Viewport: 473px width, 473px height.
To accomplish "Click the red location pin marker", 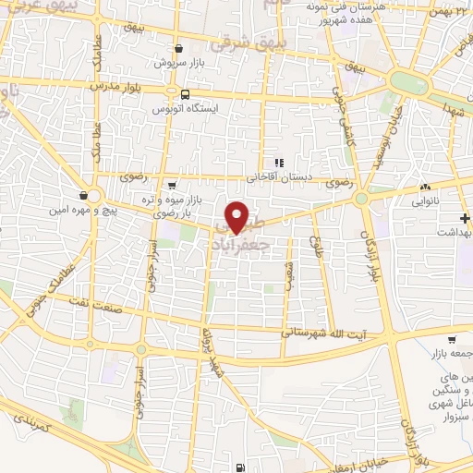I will (x=238, y=216).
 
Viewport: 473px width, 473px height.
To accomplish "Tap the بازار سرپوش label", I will (x=178, y=64).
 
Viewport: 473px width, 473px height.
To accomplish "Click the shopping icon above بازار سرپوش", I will (x=178, y=49).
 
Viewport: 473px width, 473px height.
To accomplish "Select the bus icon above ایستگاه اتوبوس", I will (x=186, y=94).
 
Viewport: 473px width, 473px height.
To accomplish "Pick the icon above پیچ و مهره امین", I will (x=85, y=195).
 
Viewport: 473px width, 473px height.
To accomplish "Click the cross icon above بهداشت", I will (x=465, y=219).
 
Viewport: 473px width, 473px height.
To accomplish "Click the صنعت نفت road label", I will (x=58, y=319).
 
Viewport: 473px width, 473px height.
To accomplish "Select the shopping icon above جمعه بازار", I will (x=451, y=339).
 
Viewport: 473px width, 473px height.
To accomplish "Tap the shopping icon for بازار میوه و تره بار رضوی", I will (x=172, y=185).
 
